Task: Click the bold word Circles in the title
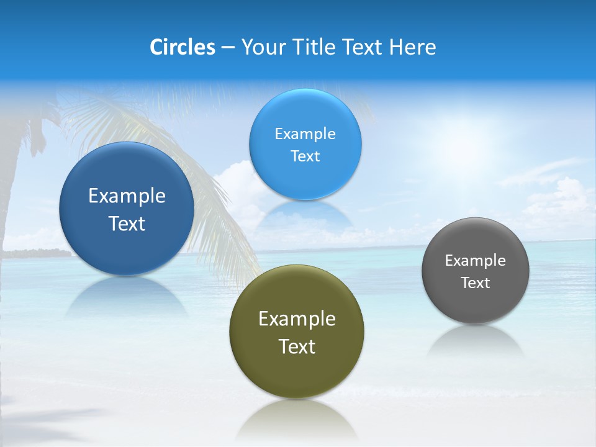tap(183, 47)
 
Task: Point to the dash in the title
tap(228, 47)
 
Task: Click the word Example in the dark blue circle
tap(127, 196)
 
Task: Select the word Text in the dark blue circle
tap(127, 223)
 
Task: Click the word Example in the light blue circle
tap(305, 133)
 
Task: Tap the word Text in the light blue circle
tap(305, 156)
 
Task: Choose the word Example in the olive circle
tap(297, 318)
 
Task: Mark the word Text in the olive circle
tap(297, 346)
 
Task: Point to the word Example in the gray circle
tap(476, 260)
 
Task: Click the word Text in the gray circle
tap(476, 282)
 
